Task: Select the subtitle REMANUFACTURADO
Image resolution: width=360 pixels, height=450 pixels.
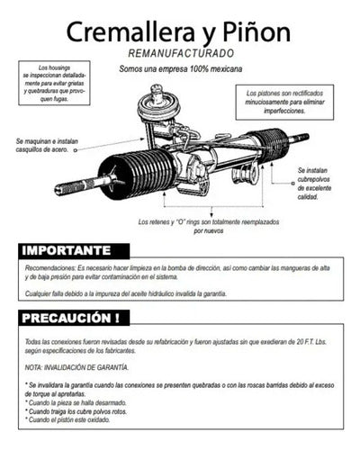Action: [x=180, y=56]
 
